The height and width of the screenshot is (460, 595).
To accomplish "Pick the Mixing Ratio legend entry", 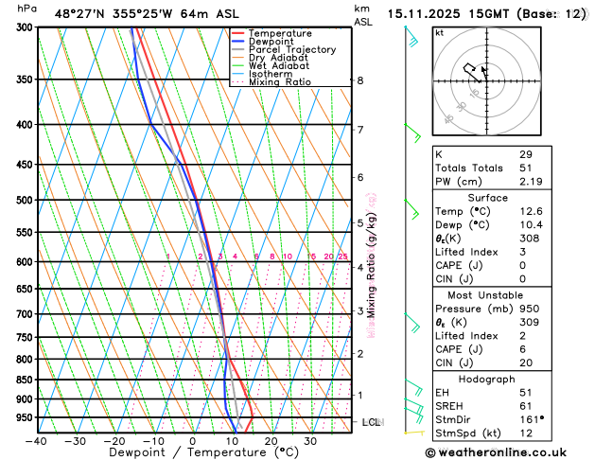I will tap(285, 82).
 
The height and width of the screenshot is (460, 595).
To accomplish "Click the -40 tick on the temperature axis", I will tap(37, 441).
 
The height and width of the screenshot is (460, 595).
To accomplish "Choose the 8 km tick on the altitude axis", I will tap(360, 80).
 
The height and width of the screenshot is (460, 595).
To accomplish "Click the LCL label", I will tap(371, 421).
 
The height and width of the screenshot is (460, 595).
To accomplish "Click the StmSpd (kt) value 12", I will tap(526, 433).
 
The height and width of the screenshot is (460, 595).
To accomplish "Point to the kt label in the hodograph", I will tap(440, 33).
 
